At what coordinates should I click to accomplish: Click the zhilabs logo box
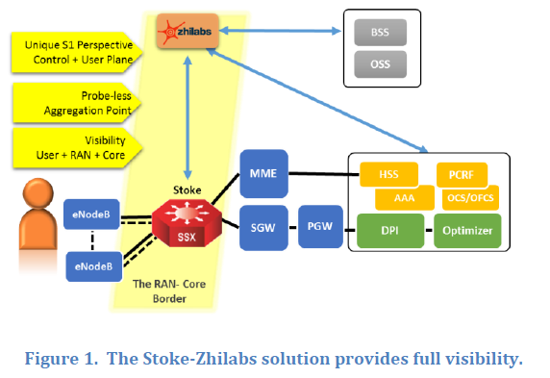187,31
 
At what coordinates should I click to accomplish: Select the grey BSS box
380,33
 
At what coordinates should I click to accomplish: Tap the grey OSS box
380,64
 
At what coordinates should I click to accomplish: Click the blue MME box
263,173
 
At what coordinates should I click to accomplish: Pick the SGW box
263,228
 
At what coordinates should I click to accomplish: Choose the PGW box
320,226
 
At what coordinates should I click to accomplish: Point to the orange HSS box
389,174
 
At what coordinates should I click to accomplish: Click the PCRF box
462,174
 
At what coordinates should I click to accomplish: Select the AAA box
405,198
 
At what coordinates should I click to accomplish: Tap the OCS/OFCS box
470,198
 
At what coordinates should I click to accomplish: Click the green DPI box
390,231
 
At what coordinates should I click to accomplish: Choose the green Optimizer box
467,231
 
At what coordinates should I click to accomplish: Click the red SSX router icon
187,222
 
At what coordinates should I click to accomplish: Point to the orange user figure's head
37,192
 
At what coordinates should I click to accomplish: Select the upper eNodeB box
91,214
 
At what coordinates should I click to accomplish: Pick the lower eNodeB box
94,266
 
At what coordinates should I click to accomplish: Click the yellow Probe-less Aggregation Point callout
77,103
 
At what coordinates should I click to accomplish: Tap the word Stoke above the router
187,190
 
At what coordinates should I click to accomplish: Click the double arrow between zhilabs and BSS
280,31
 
